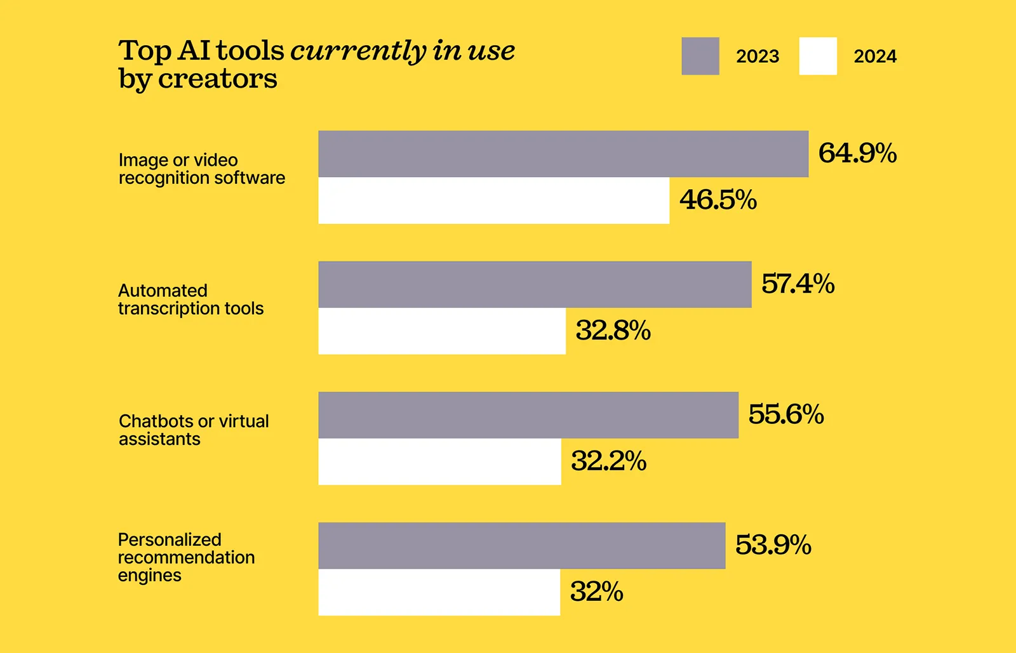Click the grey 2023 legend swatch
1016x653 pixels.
700,56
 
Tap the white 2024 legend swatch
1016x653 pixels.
818,56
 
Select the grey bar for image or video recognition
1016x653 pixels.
563,154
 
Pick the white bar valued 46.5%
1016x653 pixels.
493,201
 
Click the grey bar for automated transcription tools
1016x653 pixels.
535,284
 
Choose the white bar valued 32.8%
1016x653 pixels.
441,331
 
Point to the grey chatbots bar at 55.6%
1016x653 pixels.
528,415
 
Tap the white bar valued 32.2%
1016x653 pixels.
439,462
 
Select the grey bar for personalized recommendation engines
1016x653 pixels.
521,546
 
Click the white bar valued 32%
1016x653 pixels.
439,592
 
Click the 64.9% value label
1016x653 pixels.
857,153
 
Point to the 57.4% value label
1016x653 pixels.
798,284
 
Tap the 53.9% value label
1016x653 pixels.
773,545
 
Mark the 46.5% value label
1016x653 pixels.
718,200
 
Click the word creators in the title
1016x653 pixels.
217,79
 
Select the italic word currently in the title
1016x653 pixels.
358,51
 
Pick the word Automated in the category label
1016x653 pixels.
163,291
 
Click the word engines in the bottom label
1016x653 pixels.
149,576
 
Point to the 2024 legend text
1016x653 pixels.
874,56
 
